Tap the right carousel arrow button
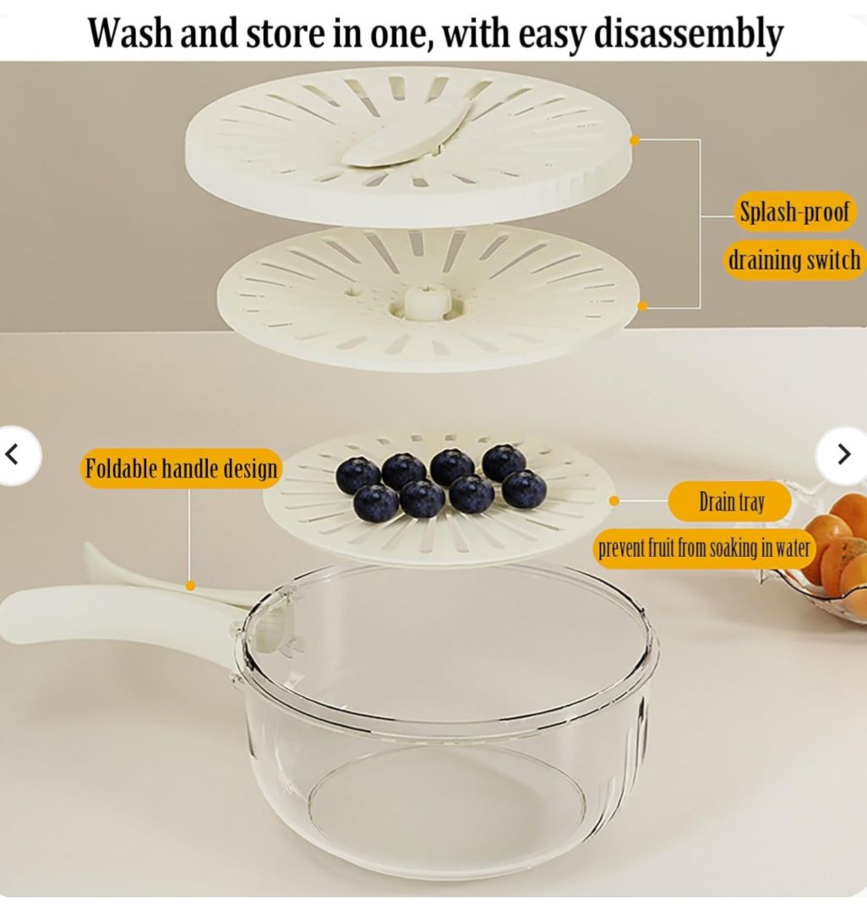coord(843,455)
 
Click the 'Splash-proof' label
coord(793,211)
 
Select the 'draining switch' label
coord(793,260)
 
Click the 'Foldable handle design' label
coord(181,468)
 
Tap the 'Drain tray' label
coord(731,501)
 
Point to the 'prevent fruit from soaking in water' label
coord(704,548)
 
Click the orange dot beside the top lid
coord(635,140)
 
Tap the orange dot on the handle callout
coord(190,586)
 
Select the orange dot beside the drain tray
coord(614,501)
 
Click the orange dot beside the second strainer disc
coord(642,306)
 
